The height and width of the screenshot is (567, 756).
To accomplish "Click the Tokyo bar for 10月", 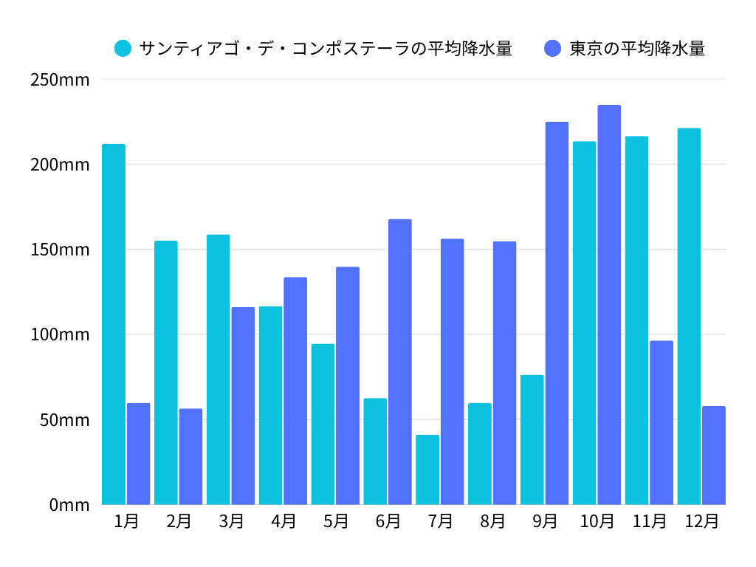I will tap(609, 305).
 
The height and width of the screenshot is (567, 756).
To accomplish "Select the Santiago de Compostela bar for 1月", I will tap(114, 324).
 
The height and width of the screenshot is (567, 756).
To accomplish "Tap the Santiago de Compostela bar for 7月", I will tap(427, 470).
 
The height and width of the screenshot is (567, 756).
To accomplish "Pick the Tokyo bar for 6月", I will tap(400, 362).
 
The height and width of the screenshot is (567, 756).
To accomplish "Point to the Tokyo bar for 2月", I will tap(190, 456).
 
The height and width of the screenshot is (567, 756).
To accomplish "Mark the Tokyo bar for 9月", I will tap(557, 313).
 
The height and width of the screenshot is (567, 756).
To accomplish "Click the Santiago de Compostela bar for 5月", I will tap(323, 424).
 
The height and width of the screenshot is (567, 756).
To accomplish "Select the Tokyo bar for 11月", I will tap(661, 422).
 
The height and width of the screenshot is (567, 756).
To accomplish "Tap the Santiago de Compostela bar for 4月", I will tap(270, 405).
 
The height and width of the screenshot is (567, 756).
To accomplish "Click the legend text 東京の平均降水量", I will tap(637, 49).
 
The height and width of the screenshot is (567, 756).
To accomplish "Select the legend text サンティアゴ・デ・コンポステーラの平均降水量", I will tap(326, 49).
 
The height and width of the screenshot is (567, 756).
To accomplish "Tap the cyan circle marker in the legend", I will tap(123, 49).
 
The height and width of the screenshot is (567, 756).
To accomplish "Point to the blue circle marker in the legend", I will tap(553, 49).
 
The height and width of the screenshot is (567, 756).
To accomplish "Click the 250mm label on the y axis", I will tap(60, 80).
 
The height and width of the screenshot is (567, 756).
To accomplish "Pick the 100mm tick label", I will tap(60, 334).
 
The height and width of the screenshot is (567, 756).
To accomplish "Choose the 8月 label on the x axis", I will tap(492, 521).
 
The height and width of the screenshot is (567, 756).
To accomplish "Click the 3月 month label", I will tap(231, 521).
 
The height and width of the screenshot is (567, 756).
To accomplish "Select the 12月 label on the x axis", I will tap(701, 521).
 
